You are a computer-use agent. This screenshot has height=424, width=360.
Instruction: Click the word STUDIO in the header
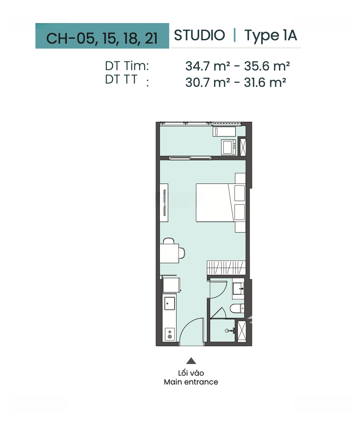(x=199, y=35)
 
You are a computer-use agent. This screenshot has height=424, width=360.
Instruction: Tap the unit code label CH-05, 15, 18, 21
(x=102, y=38)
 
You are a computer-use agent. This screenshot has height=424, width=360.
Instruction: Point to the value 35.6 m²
(x=267, y=66)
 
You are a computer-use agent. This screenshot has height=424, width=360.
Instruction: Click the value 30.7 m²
(x=208, y=82)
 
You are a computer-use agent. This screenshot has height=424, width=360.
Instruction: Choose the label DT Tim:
(x=127, y=66)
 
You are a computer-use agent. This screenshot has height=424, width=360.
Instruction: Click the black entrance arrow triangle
(x=191, y=361)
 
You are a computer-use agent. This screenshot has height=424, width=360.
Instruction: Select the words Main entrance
(x=191, y=382)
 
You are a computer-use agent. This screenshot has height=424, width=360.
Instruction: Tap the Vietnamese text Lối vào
(x=191, y=373)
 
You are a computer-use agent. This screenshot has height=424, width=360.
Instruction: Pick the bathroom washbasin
(x=238, y=289)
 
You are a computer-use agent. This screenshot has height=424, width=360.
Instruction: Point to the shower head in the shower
(x=230, y=331)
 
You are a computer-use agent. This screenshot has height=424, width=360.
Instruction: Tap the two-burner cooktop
(x=170, y=334)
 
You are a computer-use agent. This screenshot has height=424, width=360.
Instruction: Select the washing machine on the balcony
(x=229, y=147)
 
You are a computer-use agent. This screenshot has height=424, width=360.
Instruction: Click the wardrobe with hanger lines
(x=226, y=268)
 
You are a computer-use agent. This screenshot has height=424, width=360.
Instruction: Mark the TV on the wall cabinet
(x=164, y=203)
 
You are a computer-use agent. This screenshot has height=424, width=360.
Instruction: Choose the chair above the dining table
(x=169, y=241)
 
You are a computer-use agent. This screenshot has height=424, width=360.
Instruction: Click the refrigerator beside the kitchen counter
(x=171, y=285)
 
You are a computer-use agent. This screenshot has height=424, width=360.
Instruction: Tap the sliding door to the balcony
(x=190, y=158)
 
